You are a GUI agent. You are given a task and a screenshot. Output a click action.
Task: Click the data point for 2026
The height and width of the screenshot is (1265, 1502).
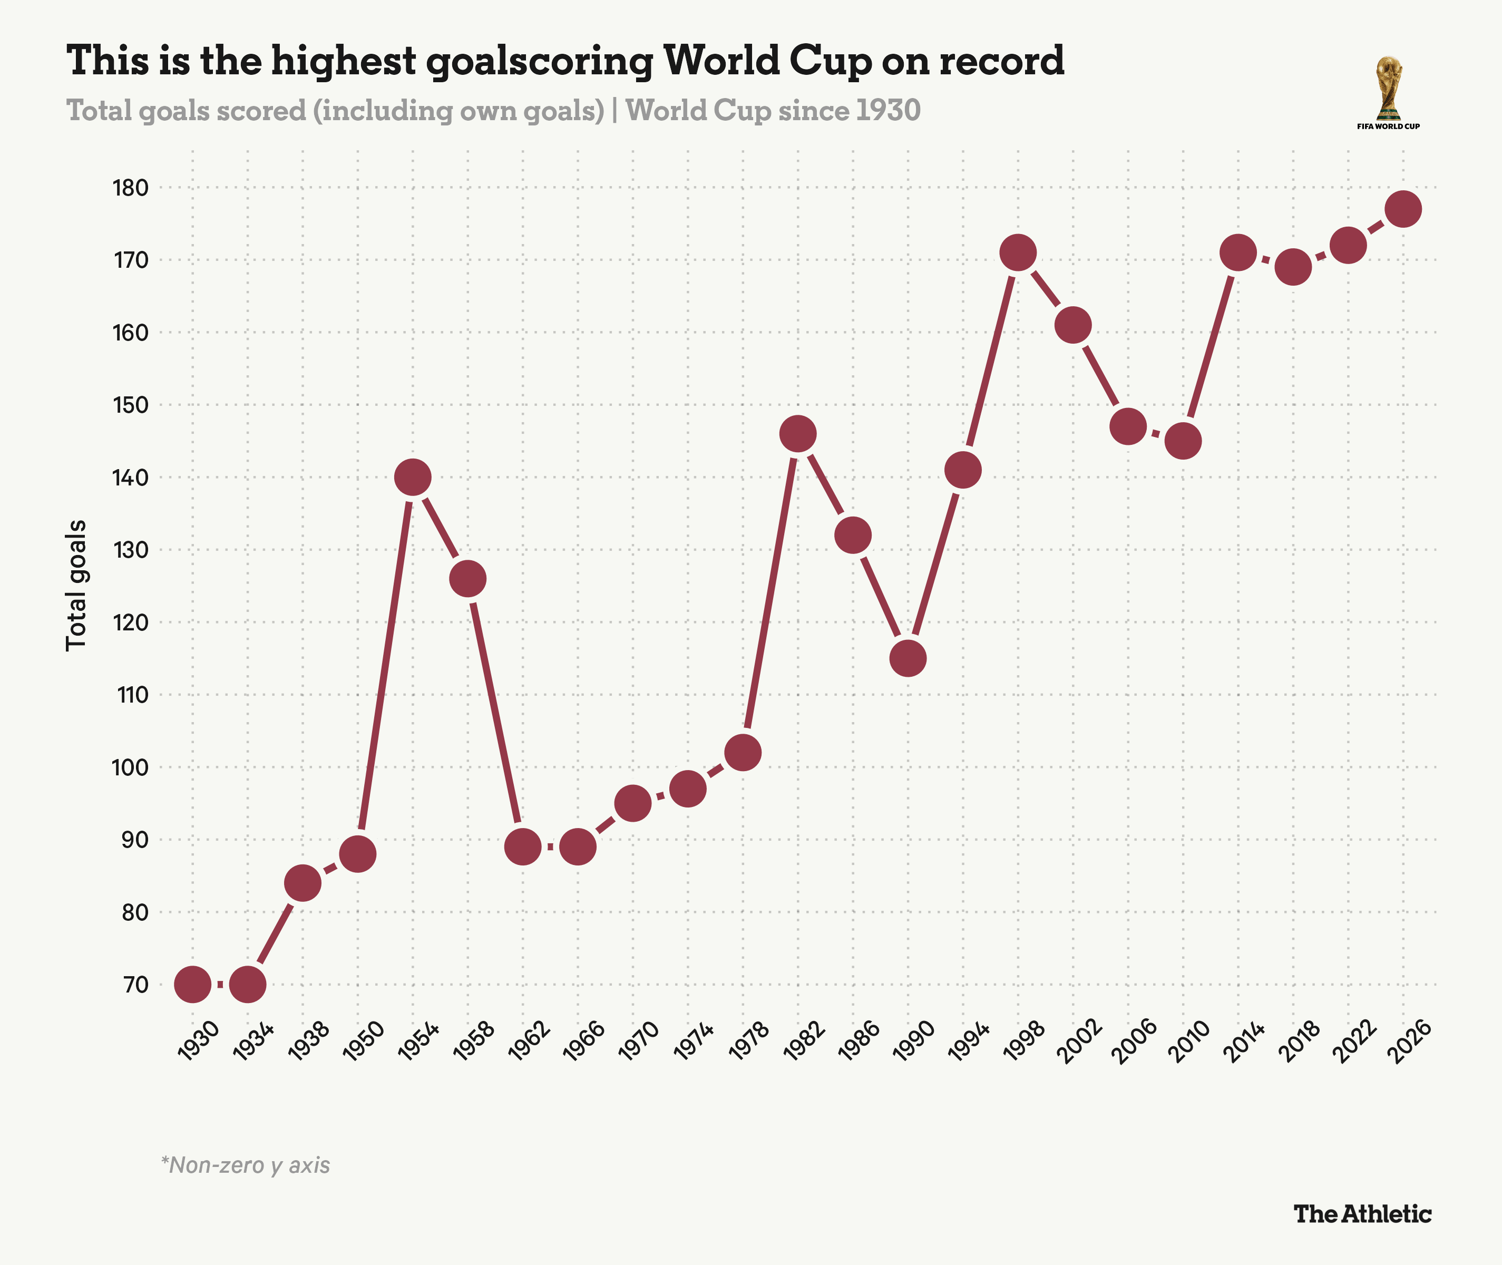click(1403, 209)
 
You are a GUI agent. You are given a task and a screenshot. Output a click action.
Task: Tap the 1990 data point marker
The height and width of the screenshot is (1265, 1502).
click(908, 658)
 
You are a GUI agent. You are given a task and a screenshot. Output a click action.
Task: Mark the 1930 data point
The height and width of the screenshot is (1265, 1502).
click(193, 984)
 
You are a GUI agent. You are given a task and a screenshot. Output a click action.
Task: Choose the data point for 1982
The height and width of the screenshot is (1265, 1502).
click(798, 434)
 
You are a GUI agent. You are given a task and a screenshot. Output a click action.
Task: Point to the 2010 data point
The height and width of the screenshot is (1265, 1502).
click(1183, 441)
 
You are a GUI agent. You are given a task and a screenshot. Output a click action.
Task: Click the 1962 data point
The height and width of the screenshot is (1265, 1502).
click(523, 847)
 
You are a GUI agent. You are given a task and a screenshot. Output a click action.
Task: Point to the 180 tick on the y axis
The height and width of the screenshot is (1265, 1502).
click(131, 188)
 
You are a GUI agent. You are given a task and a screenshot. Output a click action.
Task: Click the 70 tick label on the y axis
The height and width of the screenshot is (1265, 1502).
click(136, 985)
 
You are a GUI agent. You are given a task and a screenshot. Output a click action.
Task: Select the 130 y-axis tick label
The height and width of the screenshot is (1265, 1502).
click(131, 550)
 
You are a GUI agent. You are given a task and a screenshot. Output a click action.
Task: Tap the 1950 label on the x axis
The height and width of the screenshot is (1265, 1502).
click(364, 1042)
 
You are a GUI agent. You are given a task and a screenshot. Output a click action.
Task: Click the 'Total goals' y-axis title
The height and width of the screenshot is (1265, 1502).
click(76, 585)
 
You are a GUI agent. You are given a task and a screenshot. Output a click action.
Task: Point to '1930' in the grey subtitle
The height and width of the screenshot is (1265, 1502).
click(889, 111)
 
